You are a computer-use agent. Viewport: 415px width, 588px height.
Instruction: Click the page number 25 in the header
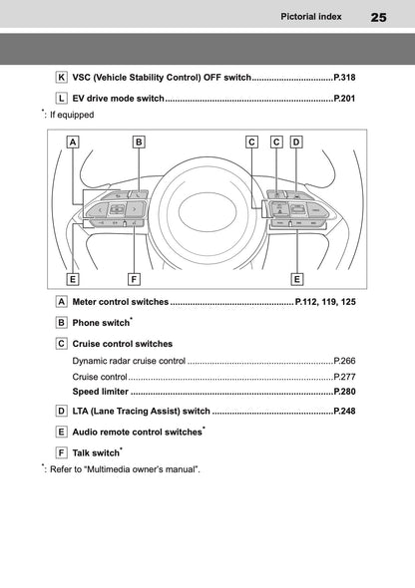[x=379, y=17]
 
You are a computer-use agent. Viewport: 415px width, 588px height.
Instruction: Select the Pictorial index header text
[x=314, y=17]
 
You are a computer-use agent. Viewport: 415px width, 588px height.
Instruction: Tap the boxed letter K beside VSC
[x=62, y=77]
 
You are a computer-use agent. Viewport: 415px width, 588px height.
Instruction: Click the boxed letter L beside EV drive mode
[x=62, y=99]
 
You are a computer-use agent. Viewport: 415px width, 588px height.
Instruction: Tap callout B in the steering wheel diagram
[x=139, y=143]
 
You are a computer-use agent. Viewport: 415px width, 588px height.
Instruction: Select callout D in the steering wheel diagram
[x=296, y=143]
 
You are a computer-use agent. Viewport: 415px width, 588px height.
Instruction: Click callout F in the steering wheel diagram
[x=133, y=279]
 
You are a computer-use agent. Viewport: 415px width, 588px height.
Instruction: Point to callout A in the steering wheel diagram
[x=74, y=143]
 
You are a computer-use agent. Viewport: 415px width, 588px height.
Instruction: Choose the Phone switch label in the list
[x=101, y=323]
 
